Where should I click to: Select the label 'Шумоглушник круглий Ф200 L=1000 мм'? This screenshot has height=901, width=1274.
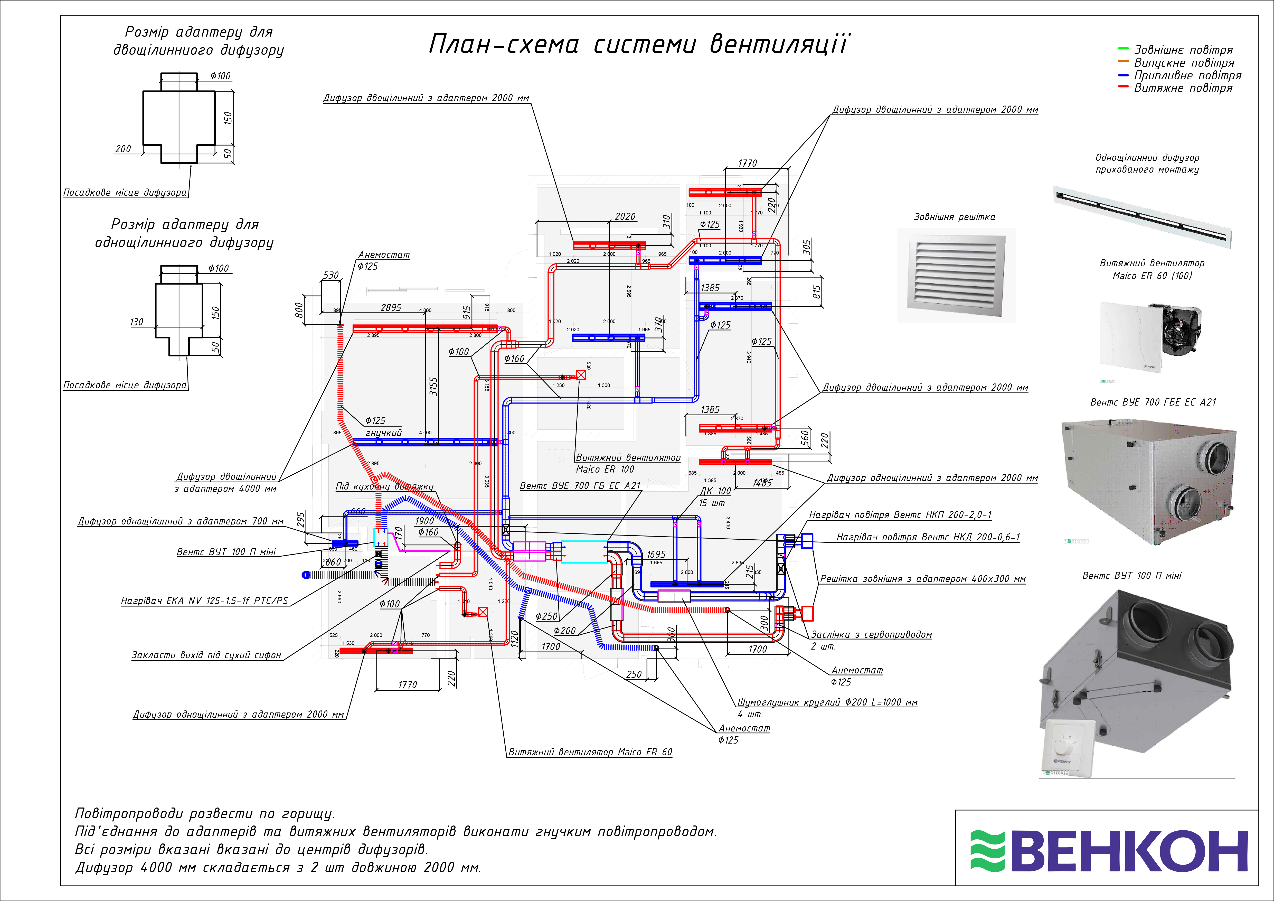click(x=827, y=702)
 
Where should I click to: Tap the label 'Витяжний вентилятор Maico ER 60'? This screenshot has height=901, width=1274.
click(x=590, y=752)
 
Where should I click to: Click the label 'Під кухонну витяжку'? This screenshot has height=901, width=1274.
click(x=384, y=486)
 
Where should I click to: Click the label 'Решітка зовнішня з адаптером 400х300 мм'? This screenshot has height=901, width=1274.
click(x=922, y=579)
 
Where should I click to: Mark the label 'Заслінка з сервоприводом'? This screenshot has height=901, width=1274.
click(x=871, y=634)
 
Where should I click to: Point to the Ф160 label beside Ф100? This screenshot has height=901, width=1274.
click(x=514, y=358)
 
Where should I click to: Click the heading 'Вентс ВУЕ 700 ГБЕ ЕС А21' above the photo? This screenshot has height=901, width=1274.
click(x=1153, y=402)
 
